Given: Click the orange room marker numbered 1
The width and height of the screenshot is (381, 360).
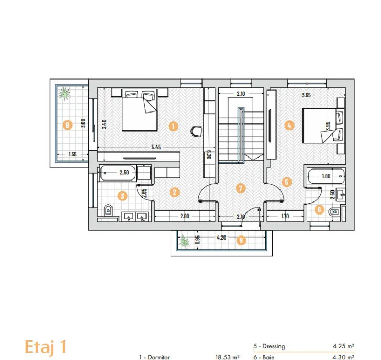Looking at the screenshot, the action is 173,126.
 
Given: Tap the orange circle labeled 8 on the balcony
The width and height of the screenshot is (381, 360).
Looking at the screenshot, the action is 68,126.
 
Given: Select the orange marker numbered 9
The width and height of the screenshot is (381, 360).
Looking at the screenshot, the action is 241,240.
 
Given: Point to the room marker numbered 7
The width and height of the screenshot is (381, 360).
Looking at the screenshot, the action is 241,188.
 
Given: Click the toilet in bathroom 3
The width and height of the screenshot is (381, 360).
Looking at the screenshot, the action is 108,210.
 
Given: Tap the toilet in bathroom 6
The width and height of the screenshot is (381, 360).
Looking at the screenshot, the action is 333,212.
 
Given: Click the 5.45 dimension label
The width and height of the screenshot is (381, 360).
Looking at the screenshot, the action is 156,147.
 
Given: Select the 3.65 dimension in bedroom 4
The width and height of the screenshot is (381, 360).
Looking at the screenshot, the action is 306,95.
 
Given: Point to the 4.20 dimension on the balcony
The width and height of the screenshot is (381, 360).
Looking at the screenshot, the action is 221,238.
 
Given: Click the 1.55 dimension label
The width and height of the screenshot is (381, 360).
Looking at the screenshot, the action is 72,154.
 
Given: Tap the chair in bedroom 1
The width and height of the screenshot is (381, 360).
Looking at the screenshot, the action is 196,131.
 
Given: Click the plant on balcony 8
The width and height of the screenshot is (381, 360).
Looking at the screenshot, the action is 64,94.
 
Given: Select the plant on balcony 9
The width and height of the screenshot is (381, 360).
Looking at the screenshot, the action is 185,241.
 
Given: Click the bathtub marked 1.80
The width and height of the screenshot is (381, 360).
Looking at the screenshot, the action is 326,176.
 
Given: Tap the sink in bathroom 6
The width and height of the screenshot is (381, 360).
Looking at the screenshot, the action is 341,194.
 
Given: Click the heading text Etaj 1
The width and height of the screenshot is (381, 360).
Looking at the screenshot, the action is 46,346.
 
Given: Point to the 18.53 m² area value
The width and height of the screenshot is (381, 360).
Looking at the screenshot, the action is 227,357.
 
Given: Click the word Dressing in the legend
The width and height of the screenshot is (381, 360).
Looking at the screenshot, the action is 274,346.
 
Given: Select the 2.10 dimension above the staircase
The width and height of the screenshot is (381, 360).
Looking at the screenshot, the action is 241,94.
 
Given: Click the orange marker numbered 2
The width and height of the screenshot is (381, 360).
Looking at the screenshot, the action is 174,192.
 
